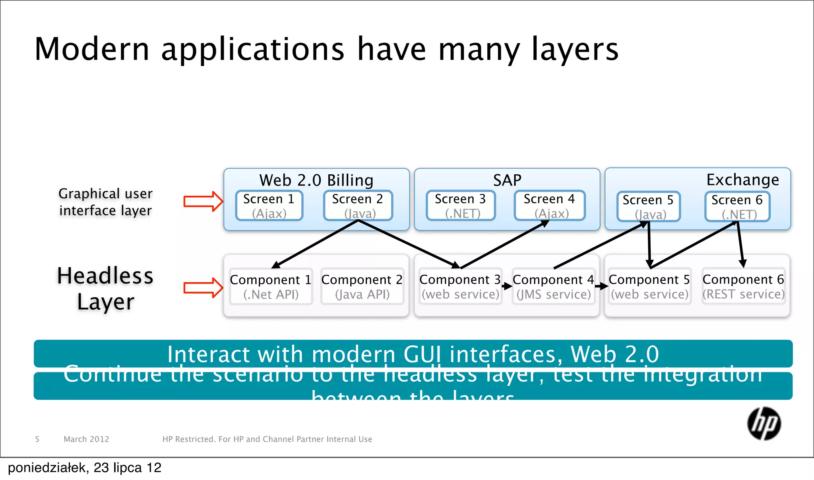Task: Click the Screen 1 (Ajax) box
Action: click(x=269, y=206)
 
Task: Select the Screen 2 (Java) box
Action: click(x=358, y=206)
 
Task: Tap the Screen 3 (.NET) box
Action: click(x=460, y=206)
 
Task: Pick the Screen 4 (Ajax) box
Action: click(x=549, y=206)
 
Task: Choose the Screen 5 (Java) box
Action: click(x=648, y=206)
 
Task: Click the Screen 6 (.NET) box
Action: click(x=737, y=206)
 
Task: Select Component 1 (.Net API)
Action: click(x=271, y=287)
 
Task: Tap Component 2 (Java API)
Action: click(x=362, y=287)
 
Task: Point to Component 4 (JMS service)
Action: click(x=553, y=287)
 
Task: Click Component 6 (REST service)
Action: click(x=743, y=286)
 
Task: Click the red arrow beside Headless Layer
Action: click(x=203, y=287)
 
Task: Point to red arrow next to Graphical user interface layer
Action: click(x=203, y=201)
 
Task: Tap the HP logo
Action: click(x=764, y=424)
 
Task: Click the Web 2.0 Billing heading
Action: click(x=316, y=180)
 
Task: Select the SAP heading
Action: click(x=507, y=180)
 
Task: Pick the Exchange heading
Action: click(x=742, y=180)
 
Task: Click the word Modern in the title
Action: click(x=92, y=49)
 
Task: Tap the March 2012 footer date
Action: click(x=86, y=439)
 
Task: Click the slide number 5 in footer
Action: click(x=37, y=439)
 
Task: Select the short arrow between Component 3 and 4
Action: click(x=507, y=286)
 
